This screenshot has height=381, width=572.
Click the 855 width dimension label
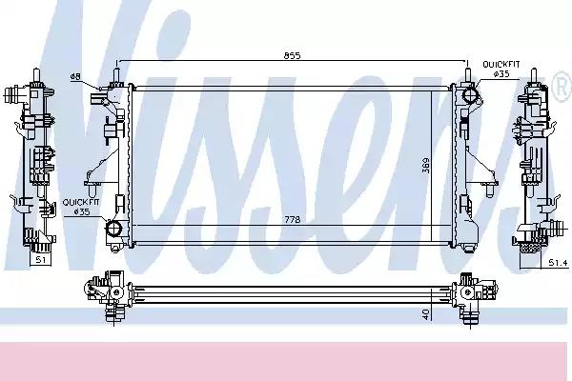(293, 56)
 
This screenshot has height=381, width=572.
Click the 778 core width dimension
(293, 219)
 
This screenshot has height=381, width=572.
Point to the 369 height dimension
(426, 165)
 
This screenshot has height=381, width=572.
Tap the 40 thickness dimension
(426, 313)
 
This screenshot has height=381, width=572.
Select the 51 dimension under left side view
(40, 260)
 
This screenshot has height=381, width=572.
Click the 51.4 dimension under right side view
(559, 263)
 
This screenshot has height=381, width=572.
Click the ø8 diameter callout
(75, 76)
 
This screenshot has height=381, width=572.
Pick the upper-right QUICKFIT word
(501, 65)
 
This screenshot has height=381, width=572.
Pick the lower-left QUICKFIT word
(81, 202)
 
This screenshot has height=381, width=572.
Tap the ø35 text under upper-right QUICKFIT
(501, 74)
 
